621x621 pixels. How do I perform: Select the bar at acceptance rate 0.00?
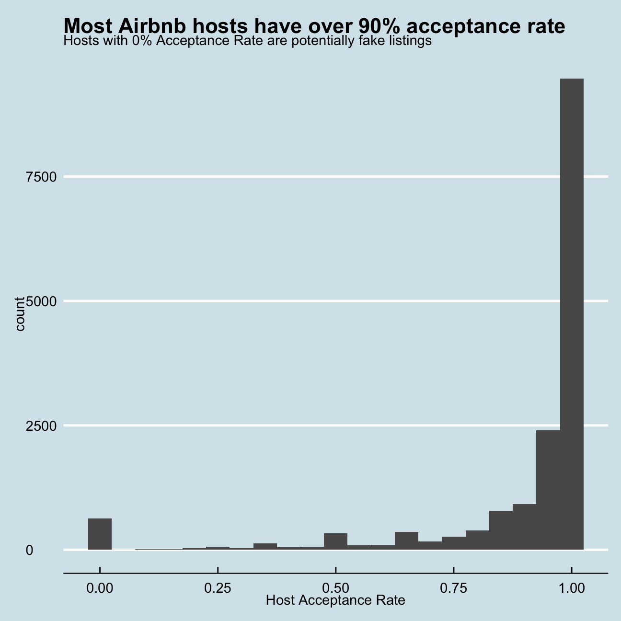100,534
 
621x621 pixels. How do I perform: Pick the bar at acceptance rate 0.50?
335,541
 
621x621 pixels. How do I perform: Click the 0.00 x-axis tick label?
100,588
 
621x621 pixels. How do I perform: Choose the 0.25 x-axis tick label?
218,588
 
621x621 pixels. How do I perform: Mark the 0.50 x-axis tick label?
335,588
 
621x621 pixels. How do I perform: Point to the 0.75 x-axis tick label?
454,588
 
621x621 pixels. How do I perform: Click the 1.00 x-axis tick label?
572,588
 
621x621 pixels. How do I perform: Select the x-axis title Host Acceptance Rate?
335,600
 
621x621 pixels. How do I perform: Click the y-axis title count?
20,314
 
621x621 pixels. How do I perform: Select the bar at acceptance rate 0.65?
406,540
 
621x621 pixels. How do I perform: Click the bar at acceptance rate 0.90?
524,527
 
